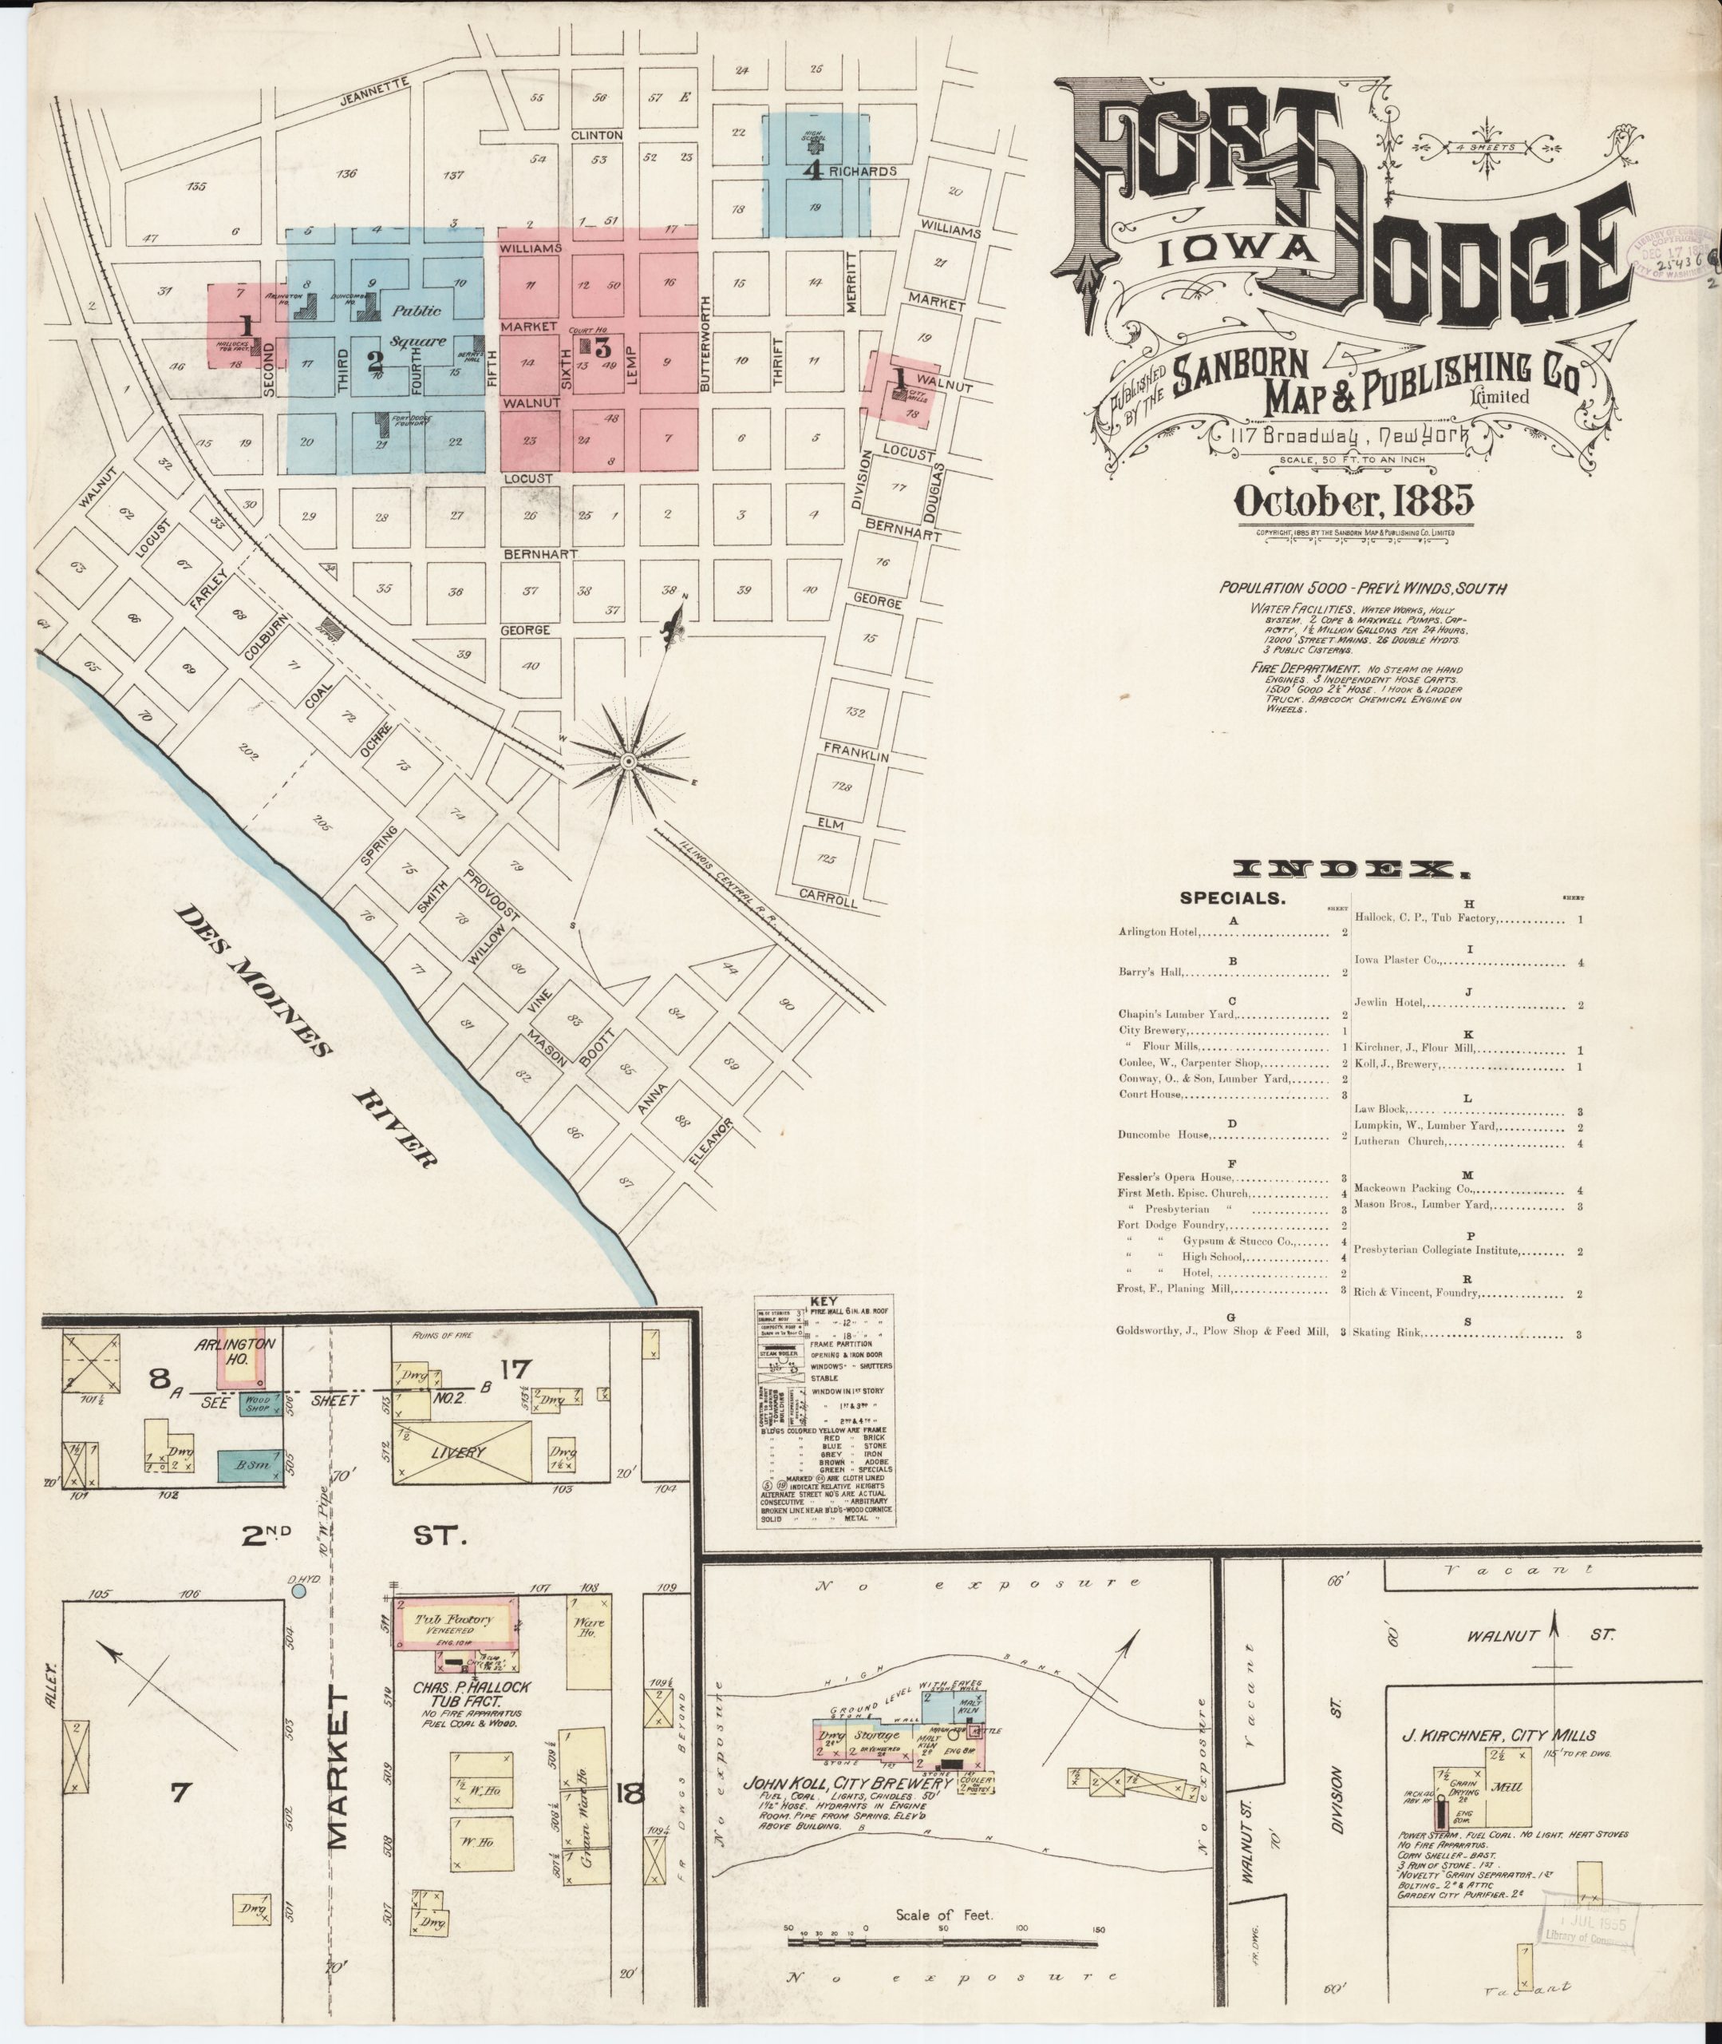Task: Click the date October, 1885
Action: click(x=1354, y=500)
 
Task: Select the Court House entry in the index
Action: click(x=1152, y=1095)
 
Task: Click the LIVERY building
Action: click(x=459, y=1452)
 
